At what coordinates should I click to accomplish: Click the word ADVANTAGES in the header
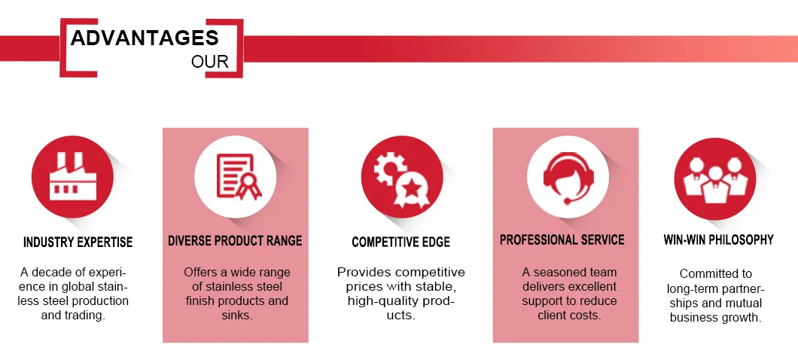coord(145,38)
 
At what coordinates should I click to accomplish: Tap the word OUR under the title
coord(210,62)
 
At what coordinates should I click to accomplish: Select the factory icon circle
coord(69,178)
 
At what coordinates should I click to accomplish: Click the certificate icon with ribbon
coord(235,176)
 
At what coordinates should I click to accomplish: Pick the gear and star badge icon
coord(400,178)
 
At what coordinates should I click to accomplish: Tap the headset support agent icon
coord(565,176)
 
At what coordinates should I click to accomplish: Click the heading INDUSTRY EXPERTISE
coord(78,243)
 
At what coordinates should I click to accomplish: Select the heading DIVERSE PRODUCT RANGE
coord(235,241)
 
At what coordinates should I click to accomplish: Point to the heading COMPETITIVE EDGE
coord(401,243)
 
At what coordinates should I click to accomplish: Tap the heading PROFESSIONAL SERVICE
coord(562,240)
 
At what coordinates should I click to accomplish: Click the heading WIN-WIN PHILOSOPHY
coord(718,240)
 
